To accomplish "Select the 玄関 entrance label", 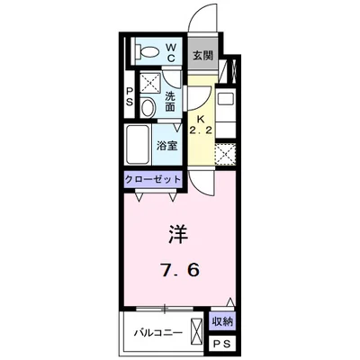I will (202, 55).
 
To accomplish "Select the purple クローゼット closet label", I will (154, 180).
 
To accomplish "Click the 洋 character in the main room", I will (176, 233).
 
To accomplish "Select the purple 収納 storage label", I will (221, 321).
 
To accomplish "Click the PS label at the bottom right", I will (221, 343).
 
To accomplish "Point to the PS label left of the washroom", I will (130, 97).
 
